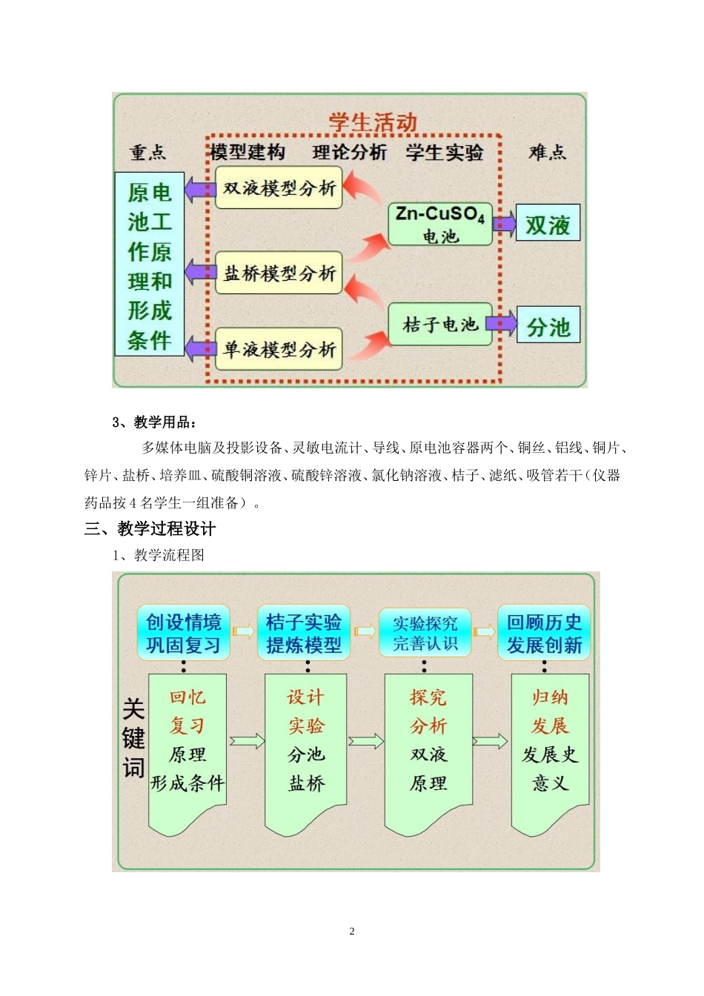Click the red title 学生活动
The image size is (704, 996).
[373, 122]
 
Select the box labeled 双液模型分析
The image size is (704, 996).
[279, 187]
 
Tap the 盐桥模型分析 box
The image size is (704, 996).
[279, 273]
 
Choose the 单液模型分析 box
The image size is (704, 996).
[279, 349]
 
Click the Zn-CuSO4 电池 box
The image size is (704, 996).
[440, 224]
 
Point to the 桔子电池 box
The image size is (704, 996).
[440, 325]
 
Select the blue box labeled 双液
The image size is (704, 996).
[548, 224]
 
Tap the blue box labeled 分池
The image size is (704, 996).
[548, 326]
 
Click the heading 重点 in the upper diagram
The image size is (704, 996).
[148, 153]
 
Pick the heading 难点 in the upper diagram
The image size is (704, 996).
[547, 153]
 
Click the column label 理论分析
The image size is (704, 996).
[350, 153]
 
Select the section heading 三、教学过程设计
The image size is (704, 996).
[150, 528]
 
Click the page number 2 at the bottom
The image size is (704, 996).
[352, 932]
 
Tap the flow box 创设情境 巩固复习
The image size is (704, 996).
[183, 634]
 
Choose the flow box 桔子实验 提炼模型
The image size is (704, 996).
[304, 634]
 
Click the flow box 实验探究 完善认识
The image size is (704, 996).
[425, 634]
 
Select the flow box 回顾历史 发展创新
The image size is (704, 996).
[544, 634]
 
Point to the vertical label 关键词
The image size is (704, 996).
[133, 738]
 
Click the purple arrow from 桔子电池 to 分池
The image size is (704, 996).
[502, 323]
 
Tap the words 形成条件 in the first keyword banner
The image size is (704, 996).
[187, 783]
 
